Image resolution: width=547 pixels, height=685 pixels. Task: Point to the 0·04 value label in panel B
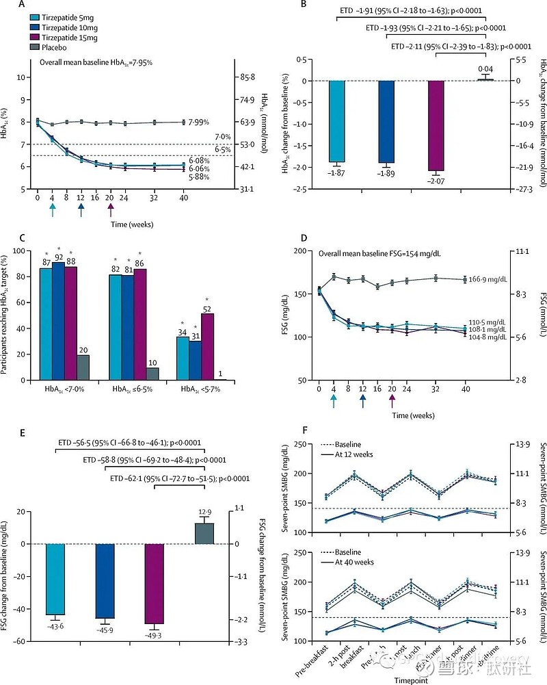485,69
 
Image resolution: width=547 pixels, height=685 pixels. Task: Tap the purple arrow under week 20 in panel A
111,209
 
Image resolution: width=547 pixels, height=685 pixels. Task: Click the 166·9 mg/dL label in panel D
483,279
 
